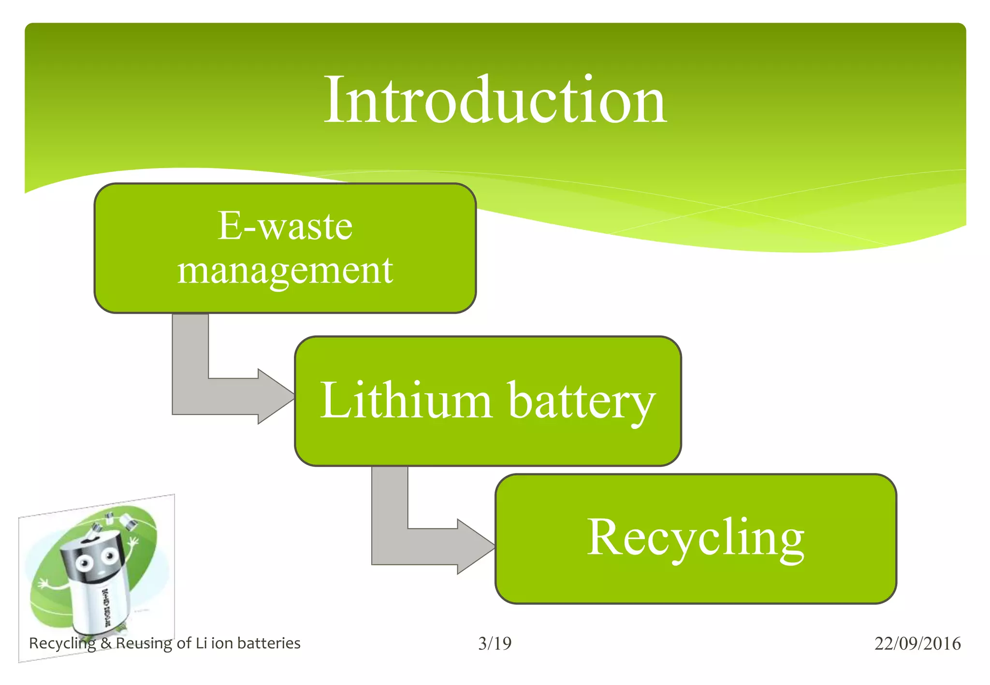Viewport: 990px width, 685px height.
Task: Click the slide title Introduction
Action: click(495, 100)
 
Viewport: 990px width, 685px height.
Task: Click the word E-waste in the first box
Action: click(285, 226)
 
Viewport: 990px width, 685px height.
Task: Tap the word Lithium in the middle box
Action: click(406, 401)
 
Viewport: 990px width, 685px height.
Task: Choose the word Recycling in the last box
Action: click(696, 538)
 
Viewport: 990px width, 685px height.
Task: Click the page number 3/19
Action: click(495, 643)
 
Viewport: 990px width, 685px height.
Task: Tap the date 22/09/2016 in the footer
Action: click(917, 643)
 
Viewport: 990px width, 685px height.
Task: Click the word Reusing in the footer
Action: click(144, 643)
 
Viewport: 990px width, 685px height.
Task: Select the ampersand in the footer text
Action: click(106, 643)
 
